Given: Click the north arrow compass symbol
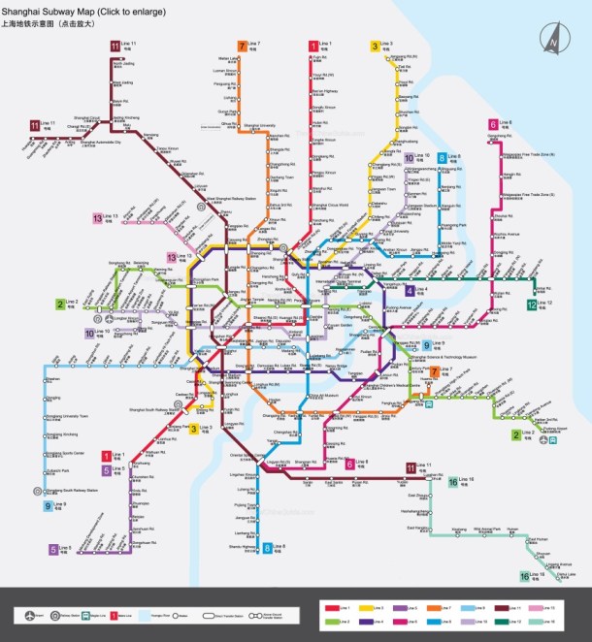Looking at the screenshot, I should pyautogui.click(x=553, y=40).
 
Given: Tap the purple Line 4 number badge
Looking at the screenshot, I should pyautogui.click(x=411, y=290).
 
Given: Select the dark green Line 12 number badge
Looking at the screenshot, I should pyautogui.click(x=532, y=305).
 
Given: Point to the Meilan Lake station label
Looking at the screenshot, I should pyautogui.click(x=229, y=58).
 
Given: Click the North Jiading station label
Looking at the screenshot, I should pyautogui.click(x=123, y=64).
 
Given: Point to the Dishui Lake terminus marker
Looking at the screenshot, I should pyautogui.click(x=567, y=579).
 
